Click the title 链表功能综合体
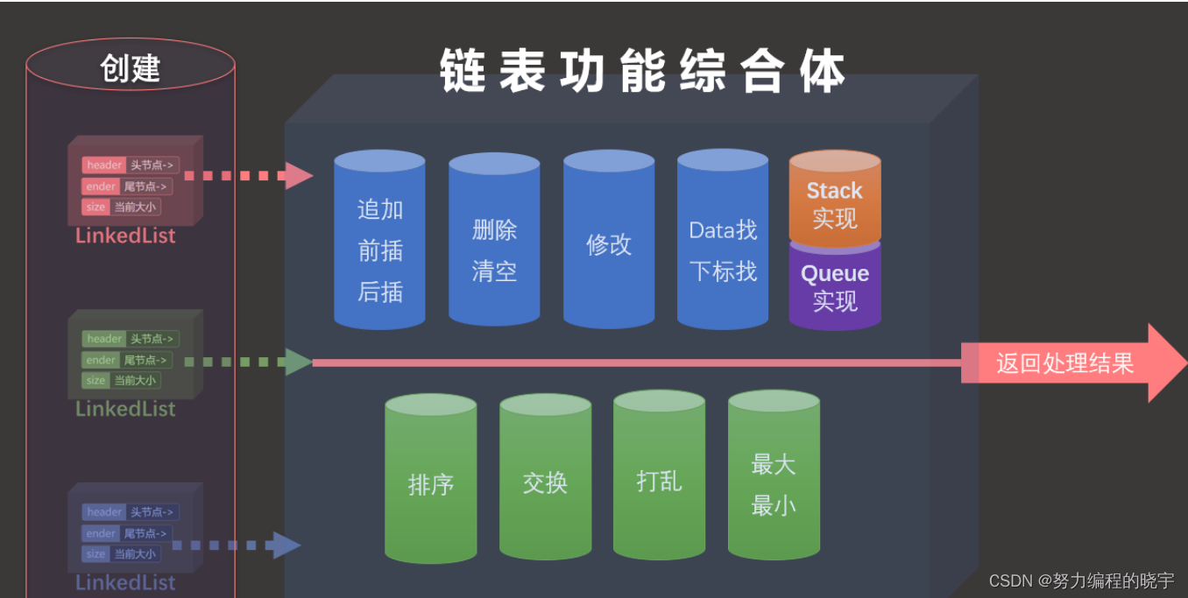point(642,71)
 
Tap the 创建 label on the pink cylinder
point(131,68)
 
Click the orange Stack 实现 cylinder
point(834,201)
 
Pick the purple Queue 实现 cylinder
point(834,286)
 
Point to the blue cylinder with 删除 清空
point(494,250)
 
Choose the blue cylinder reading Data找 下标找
point(723,250)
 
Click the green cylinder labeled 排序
point(431,484)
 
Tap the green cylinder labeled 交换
point(545,482)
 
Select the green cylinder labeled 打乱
point(659,480)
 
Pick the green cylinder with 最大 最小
point(774,484)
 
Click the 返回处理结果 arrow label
point(1064,363)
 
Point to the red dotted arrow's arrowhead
point(299,175)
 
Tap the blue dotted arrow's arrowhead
point(286,545)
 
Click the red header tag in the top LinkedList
point(104,165)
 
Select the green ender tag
point(101,360)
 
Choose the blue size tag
point(95,553)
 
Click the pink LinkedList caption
point(125,236)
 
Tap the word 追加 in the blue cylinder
point(380,209)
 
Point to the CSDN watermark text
point(1081,580)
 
